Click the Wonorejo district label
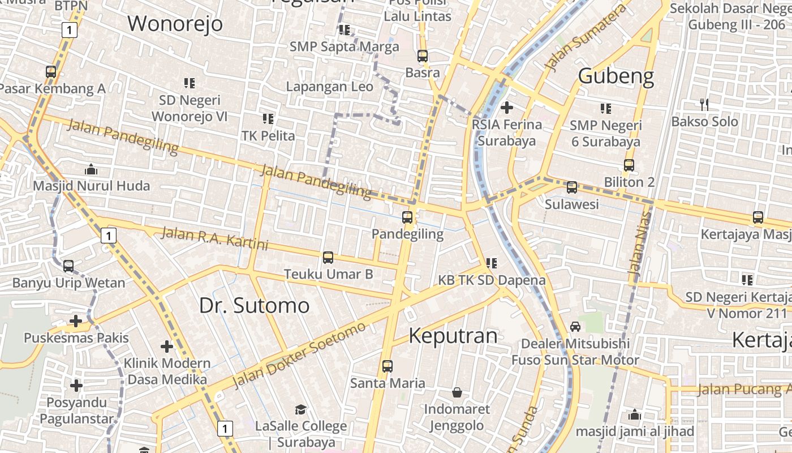tap(175, 24)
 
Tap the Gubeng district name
tap(616, 76)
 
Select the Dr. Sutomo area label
tap(254, 305)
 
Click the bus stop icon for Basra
tap(423, 56)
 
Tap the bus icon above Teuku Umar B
tap(328, 258)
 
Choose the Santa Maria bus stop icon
tap(387, 366)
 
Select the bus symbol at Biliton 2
tap(629, 165)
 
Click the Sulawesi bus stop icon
tap(572, 187)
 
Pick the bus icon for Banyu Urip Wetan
tap(68, 266)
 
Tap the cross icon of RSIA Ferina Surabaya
tap(507, 107)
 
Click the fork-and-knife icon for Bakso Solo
tap(704, 104)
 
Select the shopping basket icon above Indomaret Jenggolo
tap(457, 392)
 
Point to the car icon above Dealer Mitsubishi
tap(575, 326)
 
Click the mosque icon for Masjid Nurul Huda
tap(91, 169)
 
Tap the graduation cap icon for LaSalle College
tap(300, 409)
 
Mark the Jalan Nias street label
tap(639, 244)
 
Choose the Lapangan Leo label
tap(330, 87)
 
